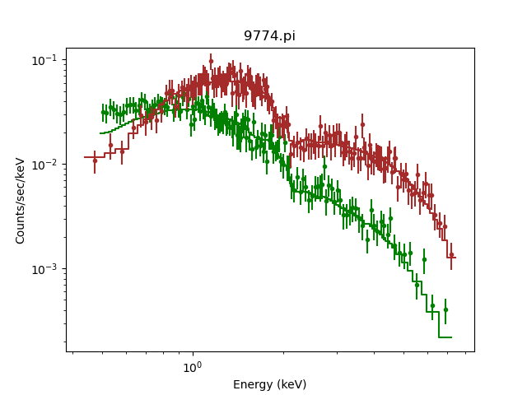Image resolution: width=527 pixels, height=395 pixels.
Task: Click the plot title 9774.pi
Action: (269, 36)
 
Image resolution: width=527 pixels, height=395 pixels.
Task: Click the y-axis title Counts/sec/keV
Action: (21, 200)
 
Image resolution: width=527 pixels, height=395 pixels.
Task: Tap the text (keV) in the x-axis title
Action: (291, 384)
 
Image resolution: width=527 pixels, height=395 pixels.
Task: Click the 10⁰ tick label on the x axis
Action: (192, 366)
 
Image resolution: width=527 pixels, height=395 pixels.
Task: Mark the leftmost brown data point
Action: (95, 160)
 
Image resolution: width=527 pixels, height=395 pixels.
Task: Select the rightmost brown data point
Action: (451, 255)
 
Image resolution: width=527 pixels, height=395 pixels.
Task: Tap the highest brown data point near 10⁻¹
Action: (211, 61)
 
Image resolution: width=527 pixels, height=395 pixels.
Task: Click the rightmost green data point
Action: (445, 309)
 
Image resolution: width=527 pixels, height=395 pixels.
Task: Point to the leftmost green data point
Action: (103, 112)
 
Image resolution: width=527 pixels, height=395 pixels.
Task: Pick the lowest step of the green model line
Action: (445, 337)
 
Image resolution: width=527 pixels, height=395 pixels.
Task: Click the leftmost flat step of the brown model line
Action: (94, 156)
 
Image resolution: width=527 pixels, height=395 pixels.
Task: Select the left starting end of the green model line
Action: (100, 132)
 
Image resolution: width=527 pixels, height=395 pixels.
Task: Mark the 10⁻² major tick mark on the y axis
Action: (67, 165)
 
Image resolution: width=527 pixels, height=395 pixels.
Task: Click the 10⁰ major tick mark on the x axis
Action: (192, 351)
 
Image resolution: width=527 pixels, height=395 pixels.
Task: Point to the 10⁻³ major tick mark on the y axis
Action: (67, 269)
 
